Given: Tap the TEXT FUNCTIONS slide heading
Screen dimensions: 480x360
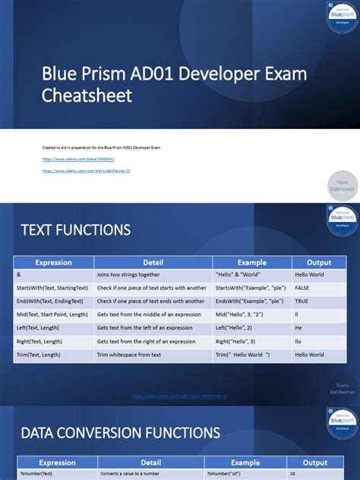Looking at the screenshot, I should click(75, 229).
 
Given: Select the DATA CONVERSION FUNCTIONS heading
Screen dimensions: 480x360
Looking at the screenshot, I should click(120, 433).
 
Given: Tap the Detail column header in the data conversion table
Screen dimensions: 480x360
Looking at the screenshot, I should click(151, 463).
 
